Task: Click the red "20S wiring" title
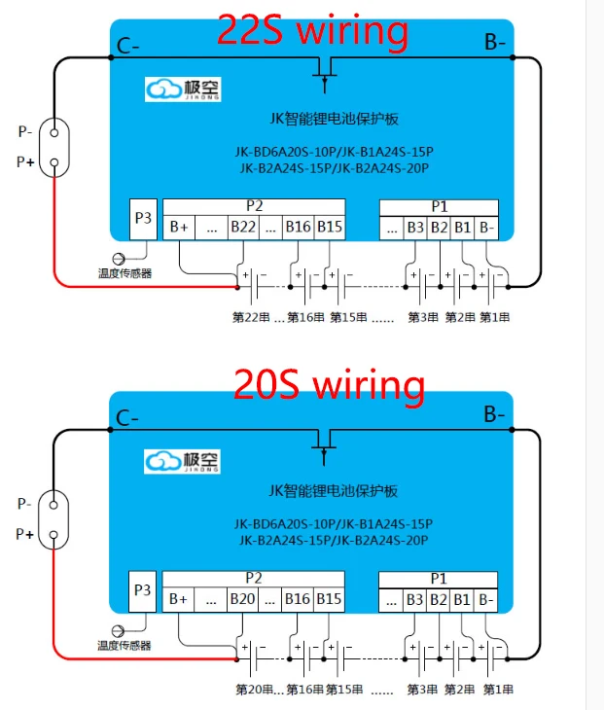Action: click(329, 385)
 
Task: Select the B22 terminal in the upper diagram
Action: click(243, 228)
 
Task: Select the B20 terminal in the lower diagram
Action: click(242, 599)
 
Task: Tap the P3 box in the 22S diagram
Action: click(143, 219)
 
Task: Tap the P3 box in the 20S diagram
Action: click(143, 590)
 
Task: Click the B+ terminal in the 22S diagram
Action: click(179, 228)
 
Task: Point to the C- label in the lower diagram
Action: click(127, 418)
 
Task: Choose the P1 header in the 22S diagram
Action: click(439, 206)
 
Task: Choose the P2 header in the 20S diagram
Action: click(254, 578)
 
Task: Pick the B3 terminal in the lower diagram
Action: click(414, 599)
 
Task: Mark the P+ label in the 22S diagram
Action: click(26, 162)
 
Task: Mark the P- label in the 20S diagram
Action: click(26, 504)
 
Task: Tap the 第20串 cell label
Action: click(255, 690)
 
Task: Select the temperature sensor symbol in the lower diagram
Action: click(119, 631)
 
